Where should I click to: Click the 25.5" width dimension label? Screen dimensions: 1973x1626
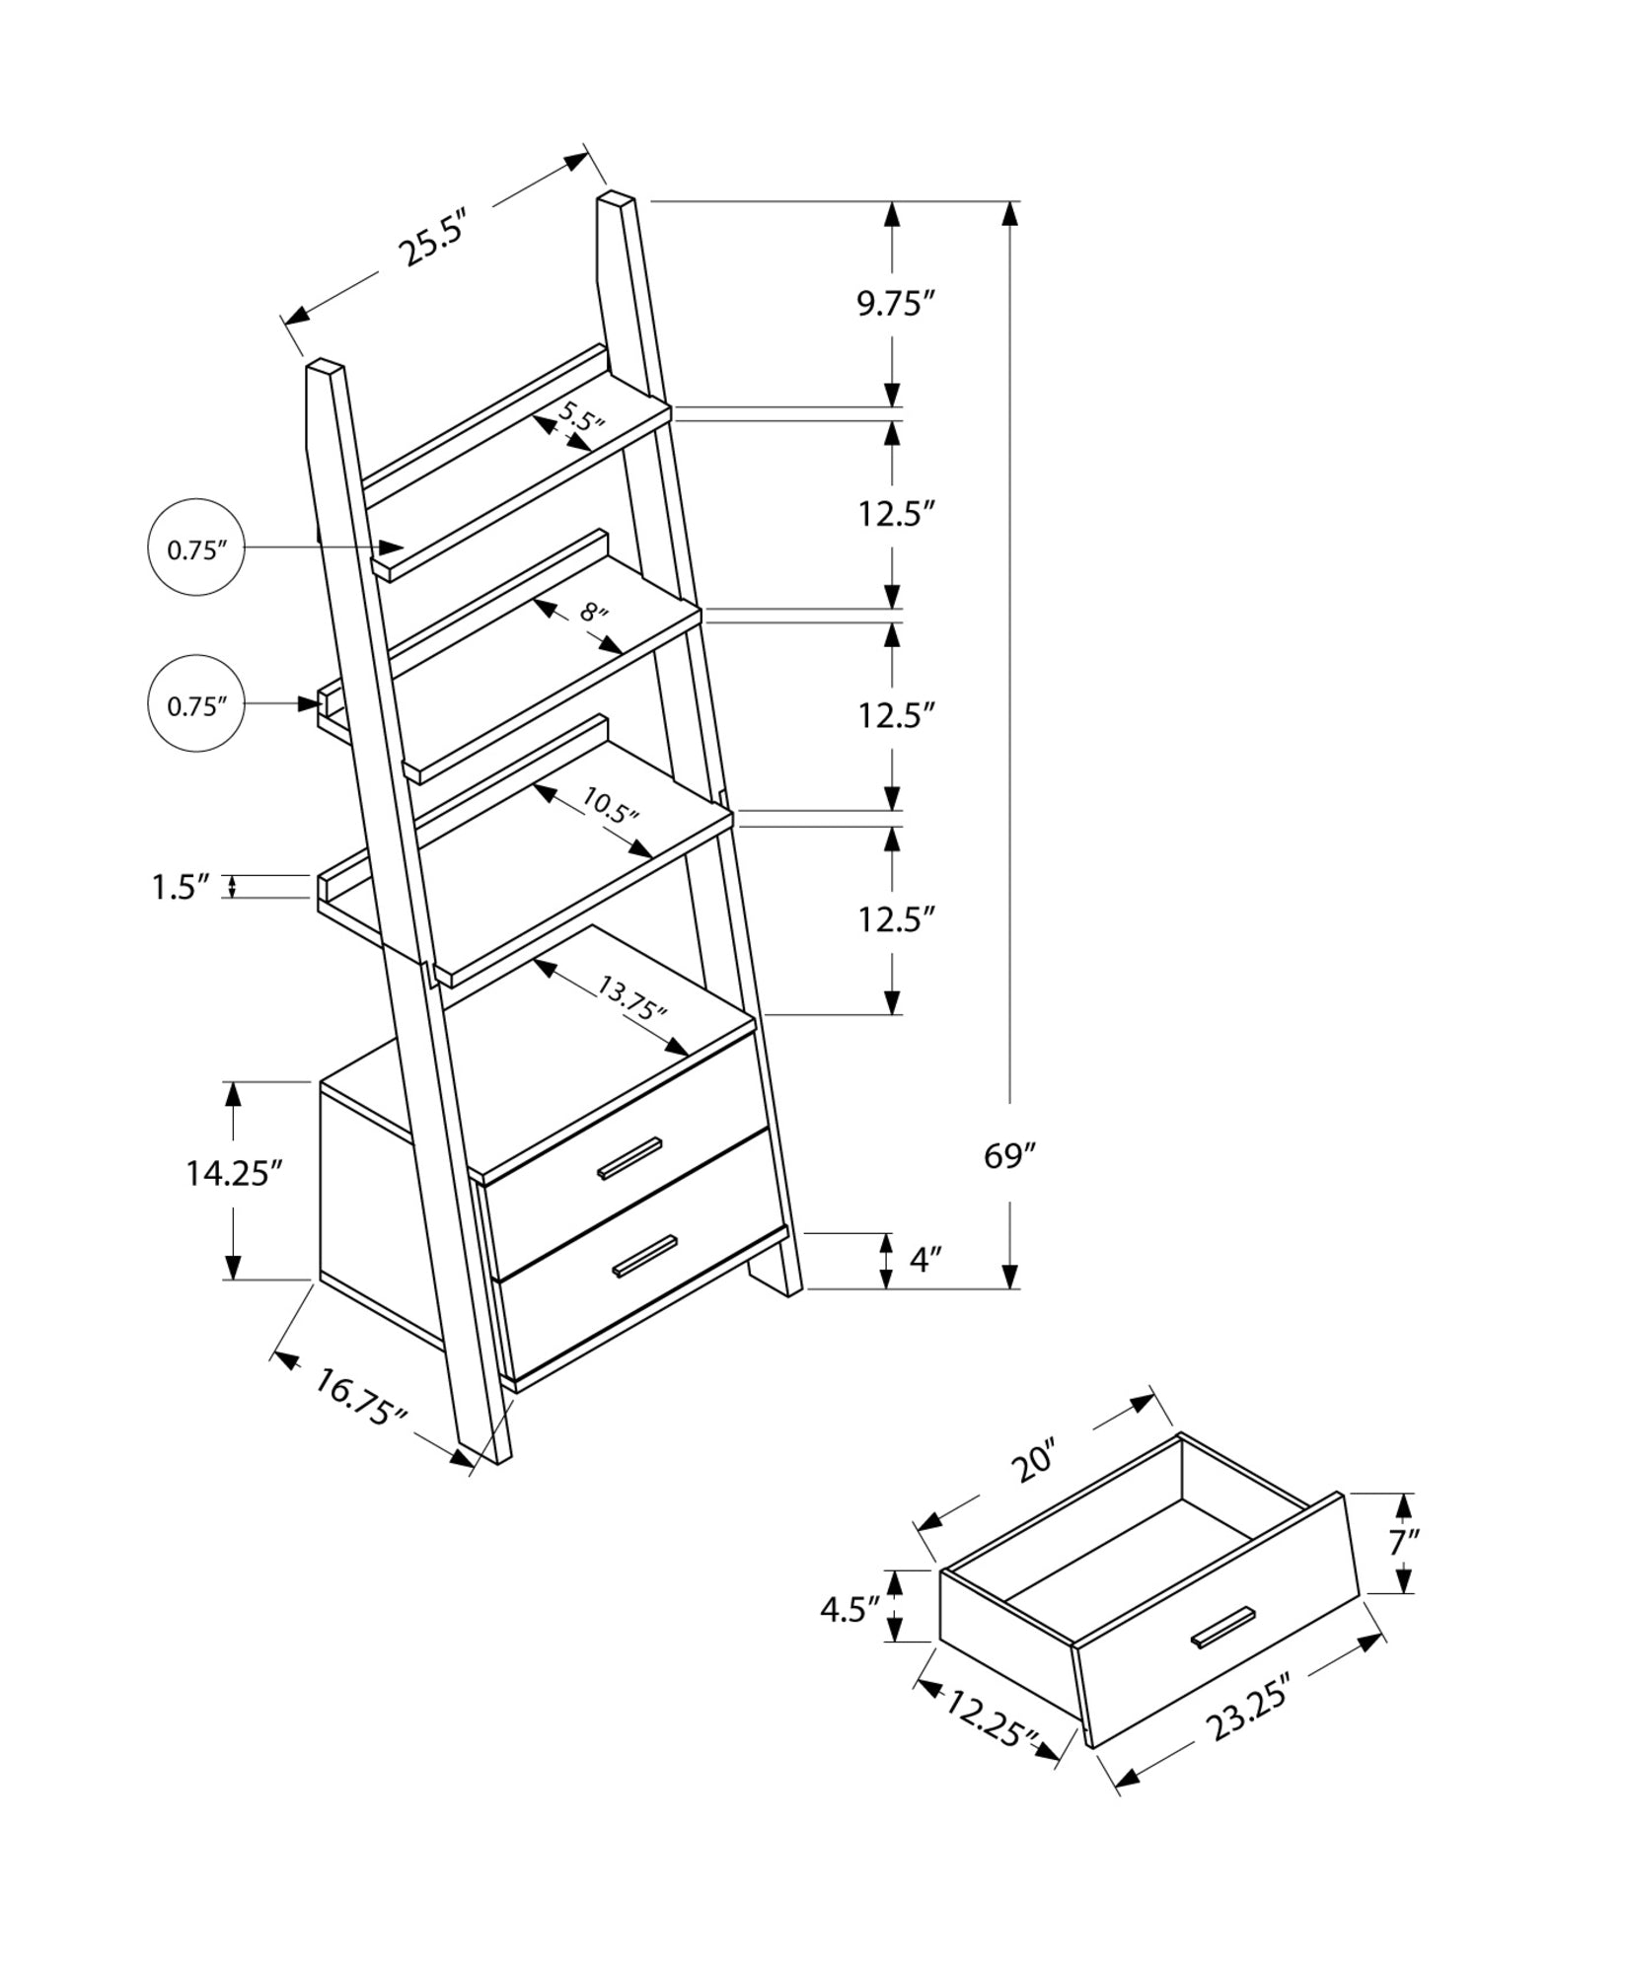click(x=430, y=239)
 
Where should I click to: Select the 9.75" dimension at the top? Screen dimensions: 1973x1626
click(x=894, y=304)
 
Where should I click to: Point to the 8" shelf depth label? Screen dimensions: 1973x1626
click(x=593, y=613)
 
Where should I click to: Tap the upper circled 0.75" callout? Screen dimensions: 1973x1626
click(x=195, y=549)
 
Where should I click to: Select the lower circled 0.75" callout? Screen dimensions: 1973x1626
click(x=195, y=705)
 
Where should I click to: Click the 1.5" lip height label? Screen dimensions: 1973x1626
click(x=182, y=887)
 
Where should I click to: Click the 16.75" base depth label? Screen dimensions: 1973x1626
click(x=361, y=1397)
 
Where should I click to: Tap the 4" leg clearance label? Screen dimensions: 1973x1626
click(x=925, y=1260)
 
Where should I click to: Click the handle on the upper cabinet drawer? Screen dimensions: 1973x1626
click(x=629, y=1157)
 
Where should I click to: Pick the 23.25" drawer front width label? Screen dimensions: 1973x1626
click(x=1248, y=1713)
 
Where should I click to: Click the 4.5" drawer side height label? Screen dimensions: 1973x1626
click(x=849, y=1609)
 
